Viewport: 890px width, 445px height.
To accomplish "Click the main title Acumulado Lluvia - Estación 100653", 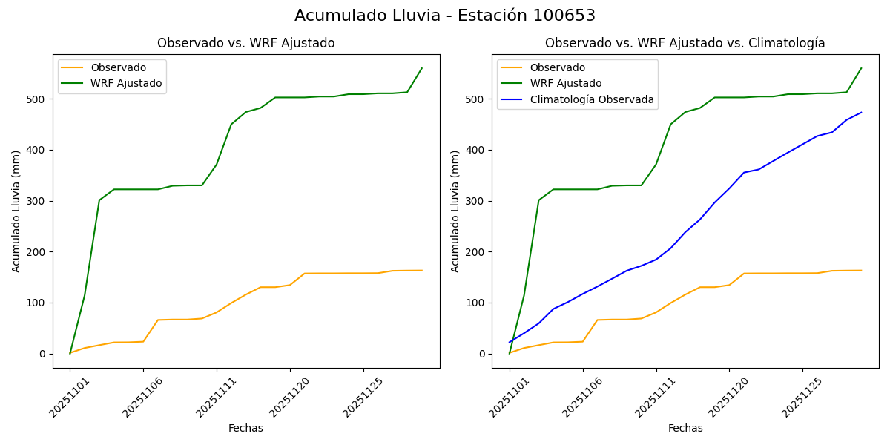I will pyautogui.click(x=445, y=16).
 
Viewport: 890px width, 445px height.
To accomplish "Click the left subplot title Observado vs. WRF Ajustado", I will pyautogui.click(x=245, y=43).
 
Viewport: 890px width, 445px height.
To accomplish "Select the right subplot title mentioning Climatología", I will pyautogui.click(x=685, y=43).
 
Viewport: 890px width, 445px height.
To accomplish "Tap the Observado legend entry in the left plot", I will pyautogui.click(x=118, y=67).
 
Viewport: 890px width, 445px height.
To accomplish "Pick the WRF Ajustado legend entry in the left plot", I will pyautogui.click(x=126, y=83).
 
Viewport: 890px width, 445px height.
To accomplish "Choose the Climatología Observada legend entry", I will pyautogui.click(x=591, y=99).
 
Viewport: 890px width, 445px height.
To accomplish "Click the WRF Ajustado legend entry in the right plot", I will pyautogui.click(x=565, y=83).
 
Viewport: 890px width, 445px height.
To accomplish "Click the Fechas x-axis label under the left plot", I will pyautogui.click(x=245, y=428).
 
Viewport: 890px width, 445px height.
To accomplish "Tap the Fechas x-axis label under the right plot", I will pyautogui.click(x=685, y=428).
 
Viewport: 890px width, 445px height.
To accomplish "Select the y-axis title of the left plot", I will pyautogui.click(x=16, y=211).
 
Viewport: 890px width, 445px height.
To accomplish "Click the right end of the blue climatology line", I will pyautogui.click(x=861, y=113).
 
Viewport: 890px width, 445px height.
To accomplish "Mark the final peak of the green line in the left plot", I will pyautogui.click(x=422, y=68).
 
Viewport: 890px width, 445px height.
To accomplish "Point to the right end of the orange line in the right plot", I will pyautogui.click(x=861, y=271).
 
